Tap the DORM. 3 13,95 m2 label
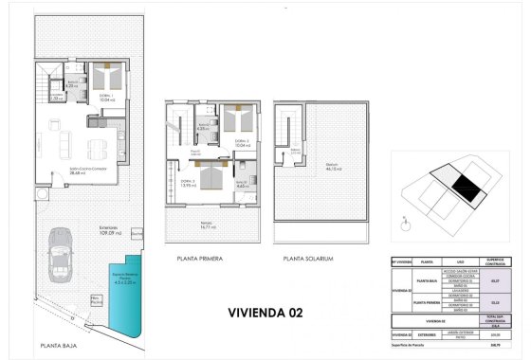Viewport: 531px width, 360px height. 188,183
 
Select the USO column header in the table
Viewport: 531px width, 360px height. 460,262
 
